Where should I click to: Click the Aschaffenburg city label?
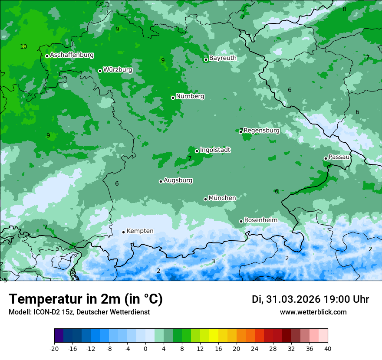tap(72, 55)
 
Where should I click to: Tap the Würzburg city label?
tap(117, 70)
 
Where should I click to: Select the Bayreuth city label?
tap(223, 58)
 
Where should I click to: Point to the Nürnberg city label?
tap(190, 96)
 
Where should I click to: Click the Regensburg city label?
tap(261, 131)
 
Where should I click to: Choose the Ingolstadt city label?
tap(215, 150)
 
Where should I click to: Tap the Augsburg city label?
tap(178, 180)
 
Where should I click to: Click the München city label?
tap(222, 198)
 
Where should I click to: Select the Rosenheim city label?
tap(260, 220)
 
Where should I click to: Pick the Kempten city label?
tap(140, 231)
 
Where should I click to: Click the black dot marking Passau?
tap(326, 158)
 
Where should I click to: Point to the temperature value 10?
tap(23, 46)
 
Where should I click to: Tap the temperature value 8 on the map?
tap(344, 9)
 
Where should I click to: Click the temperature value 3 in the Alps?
tap(213, 261)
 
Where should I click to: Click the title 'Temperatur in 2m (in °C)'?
tap(86, 299)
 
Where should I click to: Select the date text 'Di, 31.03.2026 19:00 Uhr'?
tap(310, 299)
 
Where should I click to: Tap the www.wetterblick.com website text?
tap(313, 312)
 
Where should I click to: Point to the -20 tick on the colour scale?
tap(54, 348)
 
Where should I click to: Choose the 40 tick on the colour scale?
tap(327, 348)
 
